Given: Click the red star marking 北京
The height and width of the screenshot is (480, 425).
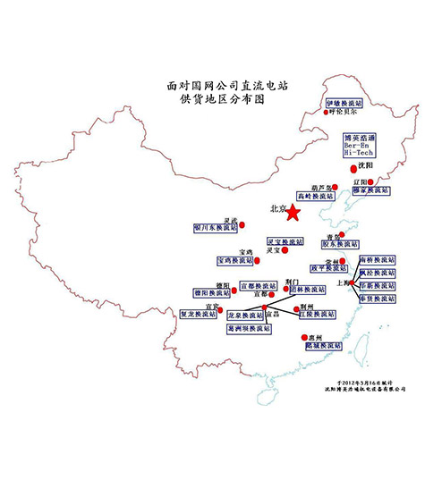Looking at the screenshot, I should coord(293,211).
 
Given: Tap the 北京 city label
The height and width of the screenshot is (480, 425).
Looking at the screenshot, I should coord(276,209).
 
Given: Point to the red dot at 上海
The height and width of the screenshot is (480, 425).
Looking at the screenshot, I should coord(353,284).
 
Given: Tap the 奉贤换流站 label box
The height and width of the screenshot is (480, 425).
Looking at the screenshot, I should coord(377,305).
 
